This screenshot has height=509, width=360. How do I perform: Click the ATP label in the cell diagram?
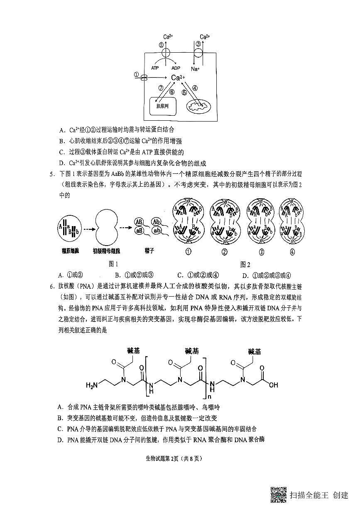click(155, 68)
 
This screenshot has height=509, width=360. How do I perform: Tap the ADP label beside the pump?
click(176, 68)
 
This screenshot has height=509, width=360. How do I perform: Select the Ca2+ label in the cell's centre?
click(178, 78)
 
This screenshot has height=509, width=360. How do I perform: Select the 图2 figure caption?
click(245, 265)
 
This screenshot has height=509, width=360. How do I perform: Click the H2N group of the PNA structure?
click(92, 385)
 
